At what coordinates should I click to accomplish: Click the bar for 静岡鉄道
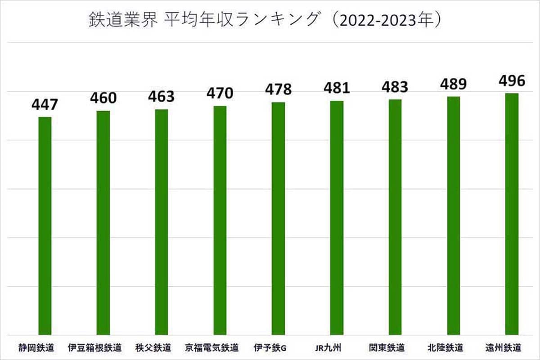point(45,225)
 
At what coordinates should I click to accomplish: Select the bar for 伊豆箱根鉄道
point(103,223)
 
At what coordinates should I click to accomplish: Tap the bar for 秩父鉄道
point(162,222)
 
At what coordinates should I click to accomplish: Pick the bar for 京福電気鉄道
point(220,220)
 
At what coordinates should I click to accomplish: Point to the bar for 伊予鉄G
point(278,218)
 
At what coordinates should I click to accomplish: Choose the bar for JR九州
point(337,218)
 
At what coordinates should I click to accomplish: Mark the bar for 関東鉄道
point(395,217)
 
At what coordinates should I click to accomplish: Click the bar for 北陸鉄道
point(453,216)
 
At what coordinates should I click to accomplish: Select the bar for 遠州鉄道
point(512,214)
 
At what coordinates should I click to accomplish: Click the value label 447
point(45,105)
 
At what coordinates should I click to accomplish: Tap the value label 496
point(512,81)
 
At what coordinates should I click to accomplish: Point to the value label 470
point(220,94)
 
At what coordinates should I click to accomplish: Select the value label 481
point(337,88)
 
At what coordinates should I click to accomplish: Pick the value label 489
point(453,84)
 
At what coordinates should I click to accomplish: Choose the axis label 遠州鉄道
point(504,348)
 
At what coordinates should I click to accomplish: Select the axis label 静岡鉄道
point(36,348)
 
